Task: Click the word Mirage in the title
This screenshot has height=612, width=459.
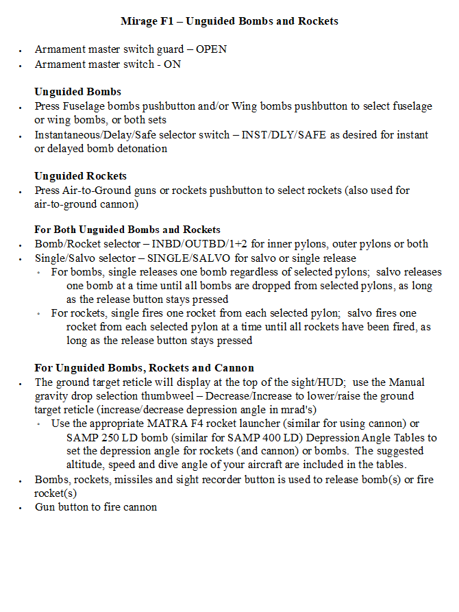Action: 138,21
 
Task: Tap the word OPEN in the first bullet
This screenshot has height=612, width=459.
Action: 212,49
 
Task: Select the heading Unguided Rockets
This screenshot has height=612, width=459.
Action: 80,176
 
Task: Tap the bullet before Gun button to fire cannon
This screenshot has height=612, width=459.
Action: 22,508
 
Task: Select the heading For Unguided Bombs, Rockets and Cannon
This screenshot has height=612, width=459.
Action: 144,368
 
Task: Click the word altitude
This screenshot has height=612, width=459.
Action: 86,465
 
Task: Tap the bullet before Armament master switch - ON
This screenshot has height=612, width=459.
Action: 22,65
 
